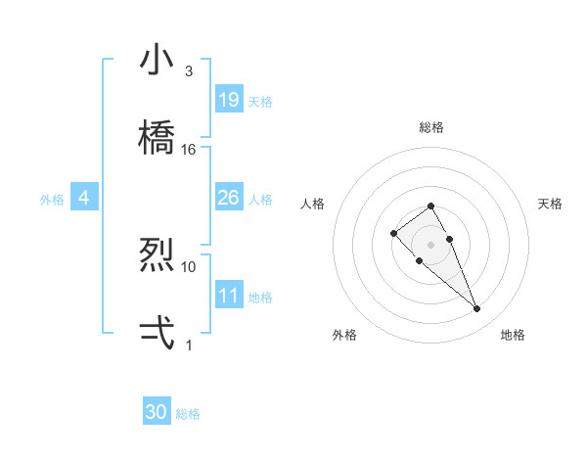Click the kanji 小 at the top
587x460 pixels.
click(158, 60)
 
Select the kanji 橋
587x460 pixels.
click(158, 137)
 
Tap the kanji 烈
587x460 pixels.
click(158, 255)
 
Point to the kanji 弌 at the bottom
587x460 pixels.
click(158, 333)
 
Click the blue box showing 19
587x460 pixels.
click(229, 99)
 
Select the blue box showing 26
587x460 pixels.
click(229, 198)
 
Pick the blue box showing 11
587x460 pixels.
click(229, 296)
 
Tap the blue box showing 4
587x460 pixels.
click(84, 198)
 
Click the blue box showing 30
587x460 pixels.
click(157, 412)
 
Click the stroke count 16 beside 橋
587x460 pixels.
click(189, 150)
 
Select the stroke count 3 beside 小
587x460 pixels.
click(189, 71)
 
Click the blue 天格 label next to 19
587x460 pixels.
click(260, 101)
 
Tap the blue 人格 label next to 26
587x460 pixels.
click(260, 200)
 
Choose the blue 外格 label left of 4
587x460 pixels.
click(52, 200)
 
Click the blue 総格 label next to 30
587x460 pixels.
click(188, 414)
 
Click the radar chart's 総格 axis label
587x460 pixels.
click(431, 127)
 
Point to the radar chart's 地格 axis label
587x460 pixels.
click(513, 335)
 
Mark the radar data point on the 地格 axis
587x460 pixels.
click(477, 309)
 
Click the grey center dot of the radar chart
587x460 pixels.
click(431, 244)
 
